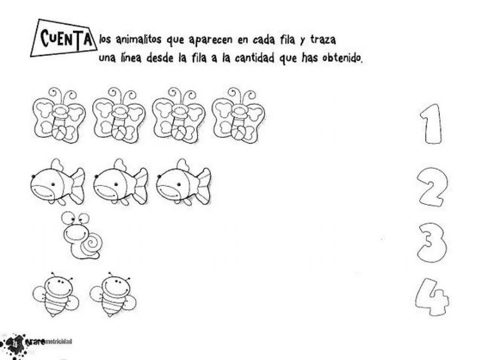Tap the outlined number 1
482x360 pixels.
[x=430, y=124]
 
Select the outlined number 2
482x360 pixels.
[x=432, y=187]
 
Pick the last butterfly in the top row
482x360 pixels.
[x=238, y=117]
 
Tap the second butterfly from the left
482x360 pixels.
[x=119, y=117]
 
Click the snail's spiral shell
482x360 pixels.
[x=90, y=244]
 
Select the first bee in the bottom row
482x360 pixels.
[x=56, y=294]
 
